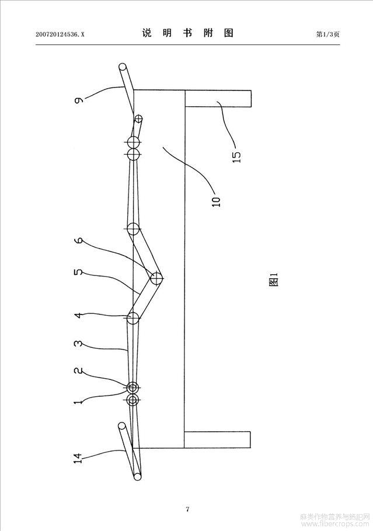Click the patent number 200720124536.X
point(60,34)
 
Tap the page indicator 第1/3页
point(327,34)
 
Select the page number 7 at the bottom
point(187,509)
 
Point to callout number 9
point(79,100)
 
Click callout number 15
point(237,156)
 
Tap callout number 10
point(216,201)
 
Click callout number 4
point(78,315)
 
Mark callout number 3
point(78,344)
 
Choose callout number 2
point(78,372)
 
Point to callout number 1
point(78,402)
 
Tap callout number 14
point(78,458)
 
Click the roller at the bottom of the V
point(156,278)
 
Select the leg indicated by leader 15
point(218,99)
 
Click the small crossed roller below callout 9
point(138,118)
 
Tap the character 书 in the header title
point(187,33)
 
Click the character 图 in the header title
point(229,33)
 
